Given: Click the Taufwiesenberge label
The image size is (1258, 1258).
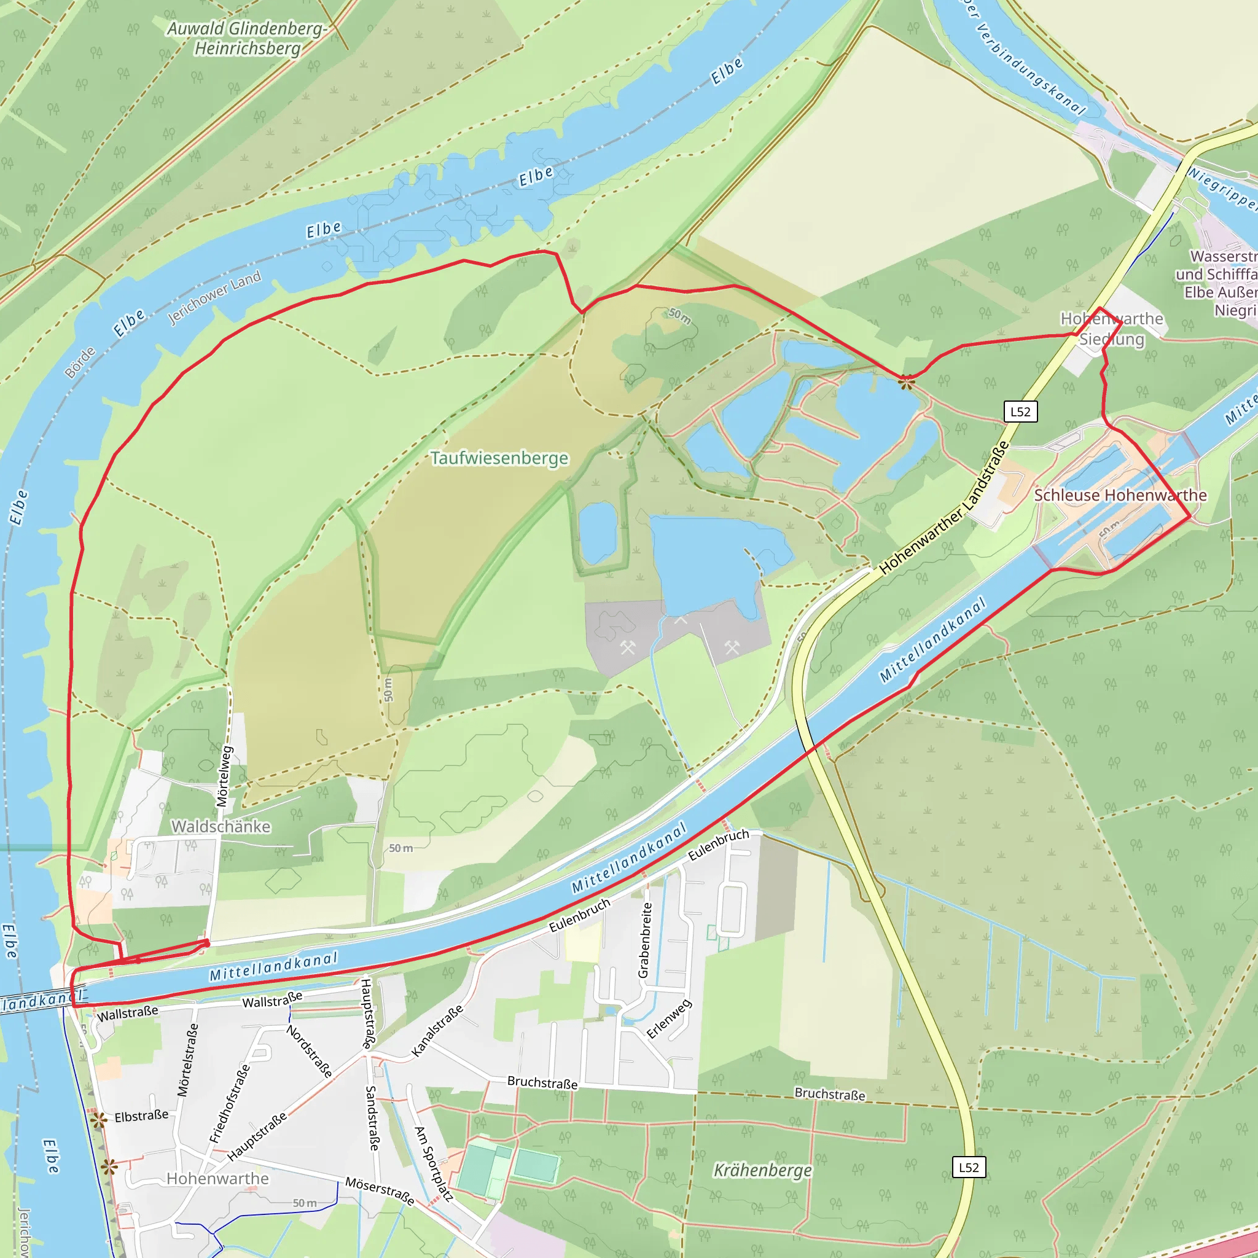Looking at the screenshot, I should pyautogui.click(x=499, y=458).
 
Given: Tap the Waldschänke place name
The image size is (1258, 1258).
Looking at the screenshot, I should pyautogui.click(x=221, y=826).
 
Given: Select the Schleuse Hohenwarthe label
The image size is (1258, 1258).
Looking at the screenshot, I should pyautogui.click(x=1120, y=495).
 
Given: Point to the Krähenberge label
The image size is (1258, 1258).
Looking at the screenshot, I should pyautogui.click(x=762, y=1170).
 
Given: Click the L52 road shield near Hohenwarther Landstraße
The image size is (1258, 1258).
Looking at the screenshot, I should pyautogui.click(x=1020, y=412).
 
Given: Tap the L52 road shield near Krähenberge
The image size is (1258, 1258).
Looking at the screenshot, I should pyautogui.click(x=969, y=1167).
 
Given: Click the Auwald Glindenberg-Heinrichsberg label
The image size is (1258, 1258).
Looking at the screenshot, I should pyautogui.click(x=248, y=39).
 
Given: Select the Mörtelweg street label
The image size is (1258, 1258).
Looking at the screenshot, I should pyautogui.click(x=224, y=776).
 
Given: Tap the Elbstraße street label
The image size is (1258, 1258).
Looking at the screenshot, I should pyautogui.click(x=141, y=1116).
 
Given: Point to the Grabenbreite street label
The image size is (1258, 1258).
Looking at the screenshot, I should pyautogui.click(x=644, y=940).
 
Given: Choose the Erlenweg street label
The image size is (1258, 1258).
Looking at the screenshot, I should pyautogui.click(x=669, y=1019).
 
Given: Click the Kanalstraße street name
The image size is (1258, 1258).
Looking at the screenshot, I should pyautogui.click(x=437, y=1031).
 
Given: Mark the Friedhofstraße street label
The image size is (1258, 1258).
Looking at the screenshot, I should pyautogui.click(x=229, y=1104).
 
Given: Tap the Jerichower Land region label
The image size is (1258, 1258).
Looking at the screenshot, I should pyautogui.click(x=214, y=297).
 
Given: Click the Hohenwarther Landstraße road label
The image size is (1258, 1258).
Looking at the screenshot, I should pyautogui.click(x=943, y=509).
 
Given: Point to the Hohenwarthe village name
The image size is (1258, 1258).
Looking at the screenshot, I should pyautogui.click(x=217, y=1179).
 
